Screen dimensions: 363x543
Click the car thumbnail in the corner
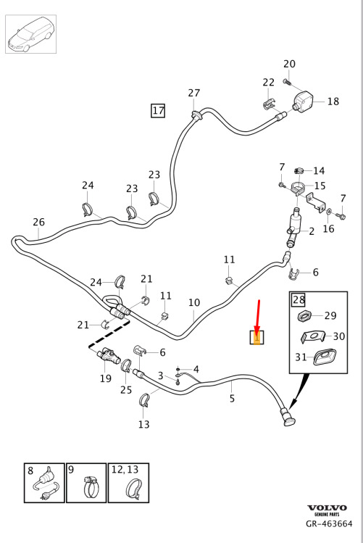pyautogui.click(x=31, y=34)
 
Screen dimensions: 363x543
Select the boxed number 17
pyautogui.click(x=158, y=111)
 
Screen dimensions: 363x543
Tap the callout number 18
pyautogui.click(x=333, y=101)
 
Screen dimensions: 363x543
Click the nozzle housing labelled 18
pyautogui.click(x=302, y=101)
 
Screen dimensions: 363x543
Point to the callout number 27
pyautogui.click(x=194, y=93)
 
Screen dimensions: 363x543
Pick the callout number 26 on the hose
pyautogui.click(x=38, y=222)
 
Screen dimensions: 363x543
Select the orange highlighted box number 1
pyautogui.click(x=257, y=338)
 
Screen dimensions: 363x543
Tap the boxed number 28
pyautogui.click(x=299, y=299)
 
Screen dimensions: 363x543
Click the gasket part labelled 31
pyautogui.click(x=325, y=357)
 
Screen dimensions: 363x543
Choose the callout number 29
pyautogui.click(x=330, y=315)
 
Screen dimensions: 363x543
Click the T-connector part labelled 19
pyautogui.click(x=108, y=357)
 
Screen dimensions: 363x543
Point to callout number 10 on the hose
pyautogui.click(x=194, y=302)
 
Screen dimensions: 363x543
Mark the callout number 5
pyautogui.click(x=232, y=399)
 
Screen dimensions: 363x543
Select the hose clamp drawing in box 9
pyautogui.click(x=91, y=486)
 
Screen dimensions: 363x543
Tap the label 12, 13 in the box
pyautogui.click(x=125, y=470)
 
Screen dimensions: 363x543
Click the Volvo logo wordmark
pyautogui.click(x=327, y=508)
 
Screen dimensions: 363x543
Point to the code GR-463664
pyautogui.click(x=329, y=523)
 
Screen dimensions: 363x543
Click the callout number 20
pyautogui.click(x=289, y=64)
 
